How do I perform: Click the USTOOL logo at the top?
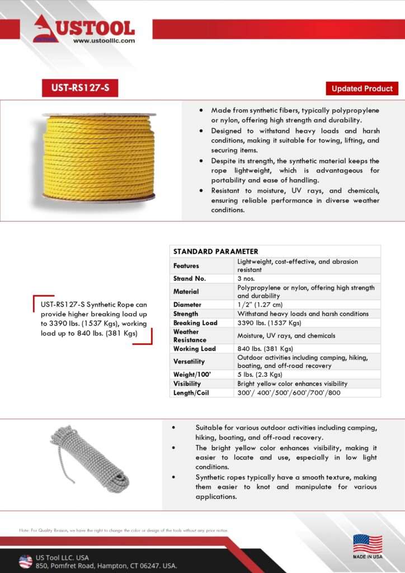click(84, 28)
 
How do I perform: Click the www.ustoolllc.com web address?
click(103, 40)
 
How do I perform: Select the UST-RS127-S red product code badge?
click(80, 88)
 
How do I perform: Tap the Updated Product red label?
click(362, 88)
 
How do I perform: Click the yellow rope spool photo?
click(99, 157)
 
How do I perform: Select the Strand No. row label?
click(190, 278)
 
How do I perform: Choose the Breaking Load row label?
click(195, 323)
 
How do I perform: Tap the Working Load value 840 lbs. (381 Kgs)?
click(269, 349)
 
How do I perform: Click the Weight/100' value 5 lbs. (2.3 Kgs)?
click(260, 374)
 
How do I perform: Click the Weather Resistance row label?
click(190, 336)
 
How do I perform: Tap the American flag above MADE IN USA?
click(368, 543)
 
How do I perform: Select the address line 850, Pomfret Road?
click(106, 566)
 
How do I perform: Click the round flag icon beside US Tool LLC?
click(26, 561)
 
